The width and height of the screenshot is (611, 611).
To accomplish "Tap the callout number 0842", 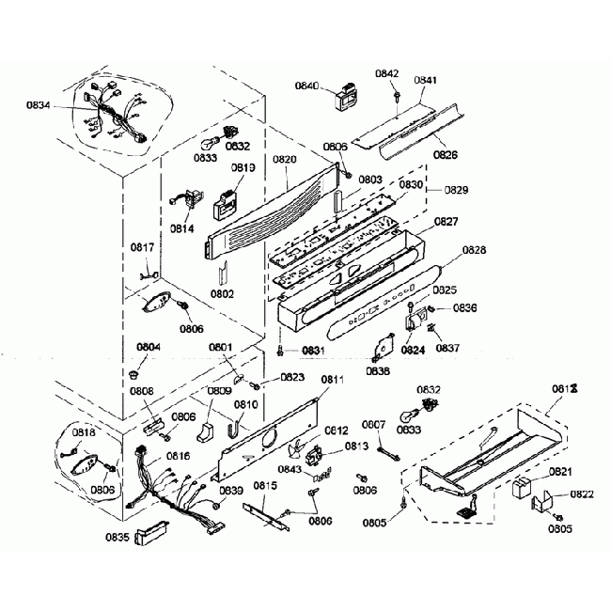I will click(387, 73).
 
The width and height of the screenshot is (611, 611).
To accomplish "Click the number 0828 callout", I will click(476, 252).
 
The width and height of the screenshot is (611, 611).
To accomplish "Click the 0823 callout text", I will click(291, 378).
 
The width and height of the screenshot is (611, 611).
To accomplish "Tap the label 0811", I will click(333, 380).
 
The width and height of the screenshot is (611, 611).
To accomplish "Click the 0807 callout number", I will click(374, 425).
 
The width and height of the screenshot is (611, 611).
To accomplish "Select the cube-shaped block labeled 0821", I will click(521, 491).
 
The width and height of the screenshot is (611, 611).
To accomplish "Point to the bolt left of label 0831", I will click(282, 352).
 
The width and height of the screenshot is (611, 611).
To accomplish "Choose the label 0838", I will click(380, 371).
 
